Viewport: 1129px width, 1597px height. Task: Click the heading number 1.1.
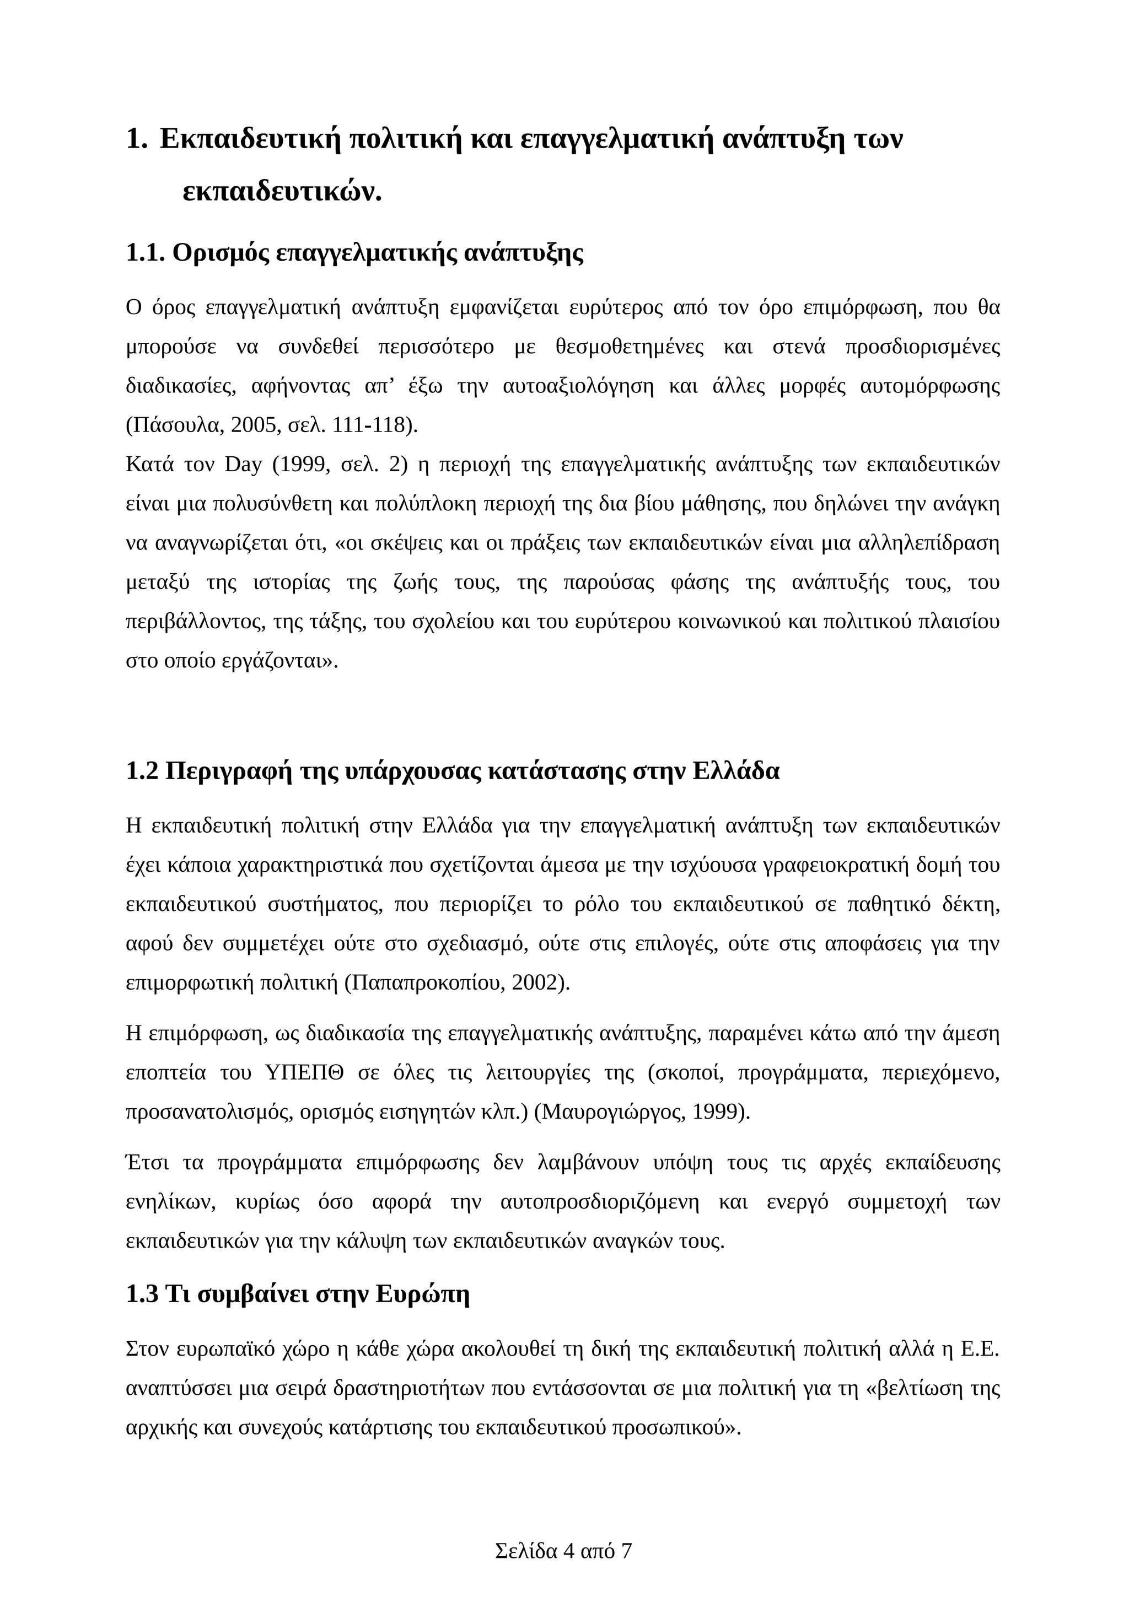(144, 253)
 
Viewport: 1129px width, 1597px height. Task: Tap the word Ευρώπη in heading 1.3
(422, 1294)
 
